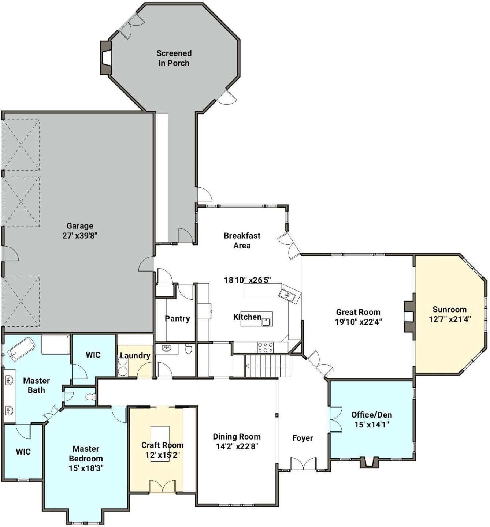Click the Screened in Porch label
pos(174,58)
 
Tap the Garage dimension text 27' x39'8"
pos(80,236)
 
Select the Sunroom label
pos(449,309)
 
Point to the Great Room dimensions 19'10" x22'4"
pos(358,322)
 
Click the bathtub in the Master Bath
pos(21,348)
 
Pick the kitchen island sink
pos(266,322)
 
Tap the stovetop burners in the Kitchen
pos(265,347)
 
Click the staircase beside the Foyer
pos(268,366)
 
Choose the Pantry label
pos(177,319)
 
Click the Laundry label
pos(135,356)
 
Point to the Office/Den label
pos(372,415)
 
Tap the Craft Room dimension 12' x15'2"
pos(163,455)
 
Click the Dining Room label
pos(237,437)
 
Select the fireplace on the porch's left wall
pos(106,57)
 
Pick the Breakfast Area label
pos(242,240)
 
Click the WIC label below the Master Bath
pos(23,451)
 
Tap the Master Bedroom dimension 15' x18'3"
pos(86,468)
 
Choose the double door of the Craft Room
pos(163,486)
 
